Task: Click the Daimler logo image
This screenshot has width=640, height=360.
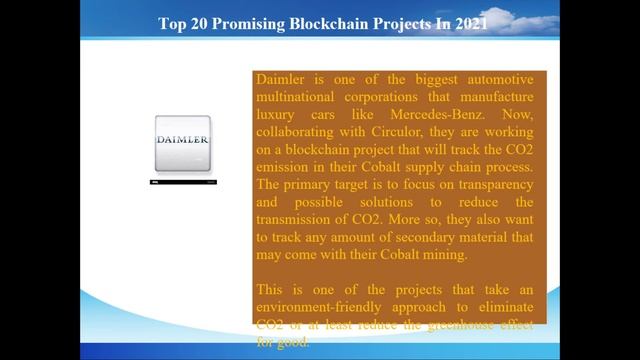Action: pos(184,140)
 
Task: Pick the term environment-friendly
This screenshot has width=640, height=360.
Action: pos(316,310)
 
